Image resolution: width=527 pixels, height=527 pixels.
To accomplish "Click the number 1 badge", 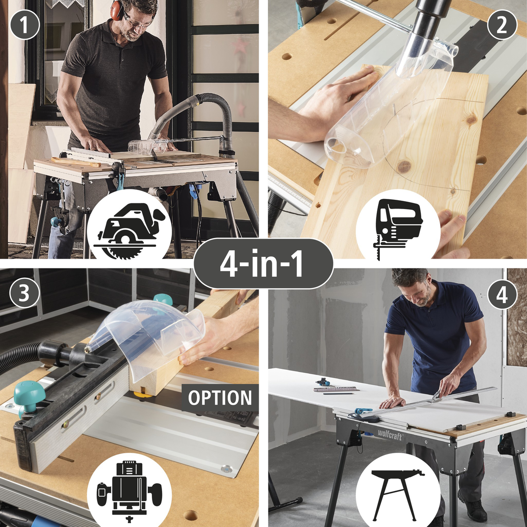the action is [25, 25].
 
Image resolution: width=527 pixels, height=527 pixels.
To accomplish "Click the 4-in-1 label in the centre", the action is [263, 263].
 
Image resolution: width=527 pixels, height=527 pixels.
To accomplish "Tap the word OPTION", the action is [220, 398].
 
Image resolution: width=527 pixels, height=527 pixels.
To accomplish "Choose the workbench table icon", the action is [398, 486].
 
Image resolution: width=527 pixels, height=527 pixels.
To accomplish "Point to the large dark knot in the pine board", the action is [404, 165].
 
